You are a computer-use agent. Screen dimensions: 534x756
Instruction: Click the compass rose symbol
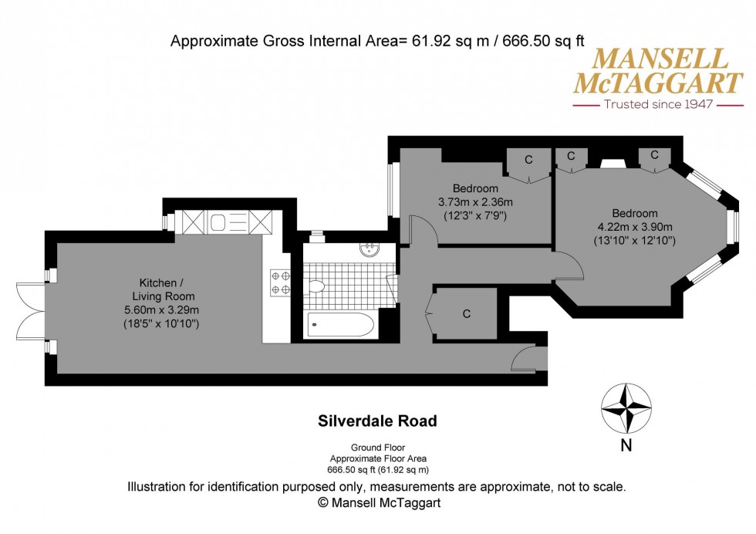click(626, 410)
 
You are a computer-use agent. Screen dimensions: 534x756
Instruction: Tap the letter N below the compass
click(626, 444)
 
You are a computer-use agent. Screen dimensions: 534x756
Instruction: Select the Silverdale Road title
click(377, 421)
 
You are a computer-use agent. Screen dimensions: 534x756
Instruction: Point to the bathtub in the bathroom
click(340, 325)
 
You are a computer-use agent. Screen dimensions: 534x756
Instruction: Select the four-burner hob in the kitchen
click(278, 282)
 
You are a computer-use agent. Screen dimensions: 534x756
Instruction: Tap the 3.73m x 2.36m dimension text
click(475, 202)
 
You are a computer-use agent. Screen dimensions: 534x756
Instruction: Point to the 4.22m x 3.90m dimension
click(635, 227)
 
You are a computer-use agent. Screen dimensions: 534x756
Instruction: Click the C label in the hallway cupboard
click(466, 314)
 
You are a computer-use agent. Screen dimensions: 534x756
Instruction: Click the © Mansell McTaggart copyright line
click(377, 502)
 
